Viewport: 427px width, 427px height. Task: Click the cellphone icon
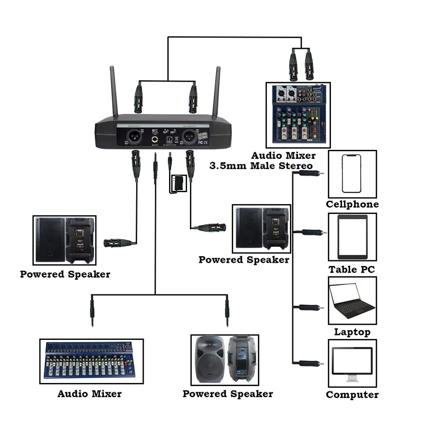click(351, 173)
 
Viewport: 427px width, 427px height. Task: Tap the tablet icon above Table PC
click(352, 237)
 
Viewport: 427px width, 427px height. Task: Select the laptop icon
click(352, 301)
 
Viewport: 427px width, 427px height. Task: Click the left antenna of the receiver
click(114, 91)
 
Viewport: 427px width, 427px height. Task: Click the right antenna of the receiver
click(217, 91)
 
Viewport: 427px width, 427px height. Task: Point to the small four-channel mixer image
click(298, 114)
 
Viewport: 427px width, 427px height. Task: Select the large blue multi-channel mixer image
click(91, 361)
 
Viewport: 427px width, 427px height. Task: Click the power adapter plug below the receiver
click(177, 183)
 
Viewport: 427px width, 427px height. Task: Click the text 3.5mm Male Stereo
click(261, 166)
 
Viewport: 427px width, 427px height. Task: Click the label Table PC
click(351, 270)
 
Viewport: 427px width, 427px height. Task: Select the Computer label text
click(352, 395)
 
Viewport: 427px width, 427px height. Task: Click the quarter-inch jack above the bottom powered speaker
click(227, 311)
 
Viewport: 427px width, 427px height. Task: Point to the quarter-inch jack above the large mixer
click(92, 311)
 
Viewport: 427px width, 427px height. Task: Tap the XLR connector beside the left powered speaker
click(118, 243)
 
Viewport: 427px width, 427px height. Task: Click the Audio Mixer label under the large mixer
click(89, 394)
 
